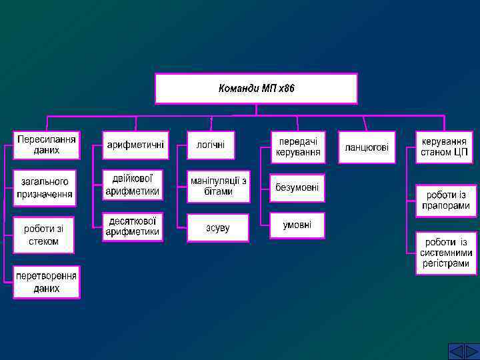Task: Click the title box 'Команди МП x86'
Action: click(256, 89)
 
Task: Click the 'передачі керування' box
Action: click(298, 147)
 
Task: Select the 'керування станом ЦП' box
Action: click(444, 147)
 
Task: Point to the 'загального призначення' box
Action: click(45, 187)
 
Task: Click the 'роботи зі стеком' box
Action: click(45, 235)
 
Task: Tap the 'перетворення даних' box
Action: click(47, 282)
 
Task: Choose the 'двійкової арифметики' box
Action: click(133, 185)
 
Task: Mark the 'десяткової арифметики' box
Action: click(133, 226)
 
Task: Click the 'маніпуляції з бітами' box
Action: click(218, 186)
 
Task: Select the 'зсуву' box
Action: click(218, 227)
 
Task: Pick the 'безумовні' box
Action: click(297, 188)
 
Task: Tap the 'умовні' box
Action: click(297, 225)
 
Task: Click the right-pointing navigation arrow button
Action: click(471, 351)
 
